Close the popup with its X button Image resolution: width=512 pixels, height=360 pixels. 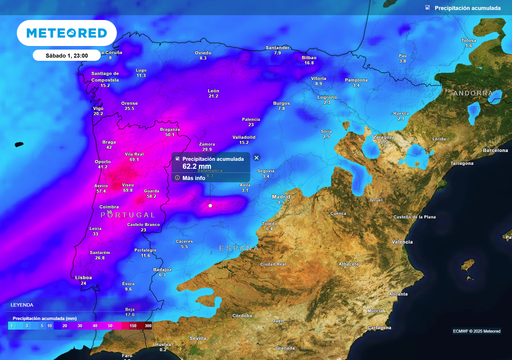tap(256, 158)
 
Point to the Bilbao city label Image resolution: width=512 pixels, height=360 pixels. tap(308, 58)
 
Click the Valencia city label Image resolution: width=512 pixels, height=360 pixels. tap(402, 241)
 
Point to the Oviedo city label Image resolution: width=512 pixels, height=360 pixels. tap(203, 53)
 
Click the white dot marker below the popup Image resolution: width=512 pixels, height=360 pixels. tap(210, 206)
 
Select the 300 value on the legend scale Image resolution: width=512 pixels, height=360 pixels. tap(148, 325)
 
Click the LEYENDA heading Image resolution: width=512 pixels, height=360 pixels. tap(21, 304)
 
